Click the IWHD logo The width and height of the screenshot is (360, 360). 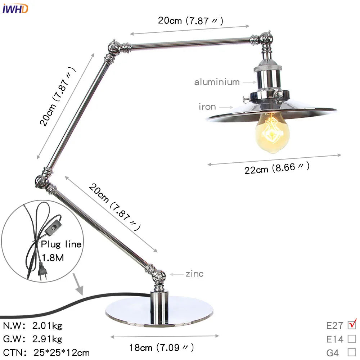click(15, 8)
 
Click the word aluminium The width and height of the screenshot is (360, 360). click(217, 82)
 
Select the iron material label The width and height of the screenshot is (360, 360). click(207, 107)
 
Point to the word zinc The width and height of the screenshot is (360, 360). click(194, 274)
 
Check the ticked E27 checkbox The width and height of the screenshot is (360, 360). click(352, 325)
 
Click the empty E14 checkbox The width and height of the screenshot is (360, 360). click(352, 339)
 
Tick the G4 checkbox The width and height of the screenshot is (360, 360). click(352, 352)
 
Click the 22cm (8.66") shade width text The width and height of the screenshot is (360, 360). click(276, 168)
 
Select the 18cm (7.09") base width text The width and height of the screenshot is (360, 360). click(162, 348)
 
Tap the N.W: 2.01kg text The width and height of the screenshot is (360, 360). click(33, 326)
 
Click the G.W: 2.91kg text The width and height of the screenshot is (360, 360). click(33, 339)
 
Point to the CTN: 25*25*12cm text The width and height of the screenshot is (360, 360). click(46, 352)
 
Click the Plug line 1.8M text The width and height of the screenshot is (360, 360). click(60, 251)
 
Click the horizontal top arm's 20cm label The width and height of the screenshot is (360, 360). click(190, 21)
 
